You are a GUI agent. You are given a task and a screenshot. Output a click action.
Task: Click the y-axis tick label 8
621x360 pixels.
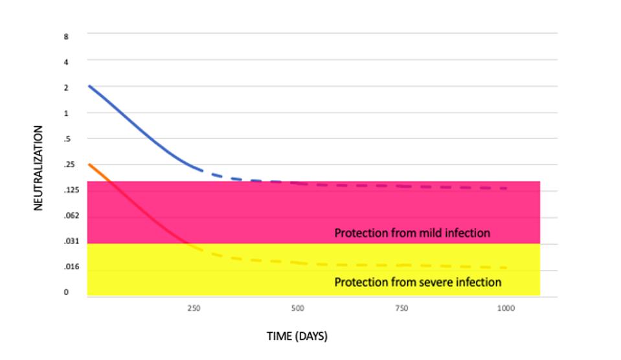tap(66, 37)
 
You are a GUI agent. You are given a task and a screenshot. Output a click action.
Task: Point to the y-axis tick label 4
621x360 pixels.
tap(66, 62)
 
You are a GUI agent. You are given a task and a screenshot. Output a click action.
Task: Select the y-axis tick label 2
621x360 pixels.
tap(66, 87)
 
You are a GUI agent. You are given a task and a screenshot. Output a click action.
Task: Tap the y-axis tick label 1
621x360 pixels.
tap(66, 113)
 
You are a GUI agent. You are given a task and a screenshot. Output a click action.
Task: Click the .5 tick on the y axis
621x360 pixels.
tap(65, 139)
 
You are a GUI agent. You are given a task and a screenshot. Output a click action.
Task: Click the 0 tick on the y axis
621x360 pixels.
tap(66, 293)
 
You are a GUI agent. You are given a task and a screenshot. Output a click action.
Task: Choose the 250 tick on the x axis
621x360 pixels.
tap(194, 309)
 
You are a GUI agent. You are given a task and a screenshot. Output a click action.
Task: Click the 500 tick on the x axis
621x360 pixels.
tap(297, 309)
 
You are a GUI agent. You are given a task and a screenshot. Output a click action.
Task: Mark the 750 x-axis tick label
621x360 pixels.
tap(401, 309)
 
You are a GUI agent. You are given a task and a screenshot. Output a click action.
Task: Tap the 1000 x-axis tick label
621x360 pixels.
tap(506, 309)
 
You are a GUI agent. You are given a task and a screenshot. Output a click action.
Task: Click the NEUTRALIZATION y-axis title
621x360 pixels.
tap(38, 168)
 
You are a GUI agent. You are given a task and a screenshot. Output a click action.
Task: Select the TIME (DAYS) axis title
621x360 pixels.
tap(297, 337)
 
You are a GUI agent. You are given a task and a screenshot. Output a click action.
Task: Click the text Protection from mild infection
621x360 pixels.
tap(412, 232)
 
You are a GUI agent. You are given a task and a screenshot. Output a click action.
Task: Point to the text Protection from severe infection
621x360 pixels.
tap(418, 282)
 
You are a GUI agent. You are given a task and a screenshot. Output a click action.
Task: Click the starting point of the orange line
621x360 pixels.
tap(89, 164)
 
